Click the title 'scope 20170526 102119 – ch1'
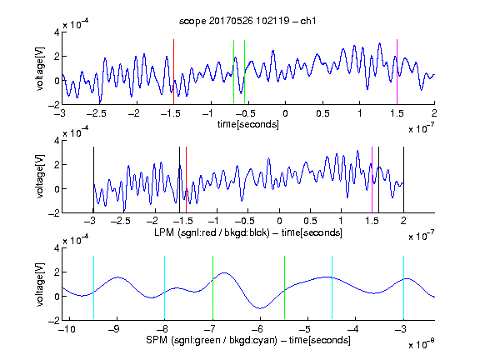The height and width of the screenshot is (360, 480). pyautogui.click(x=247, y=21)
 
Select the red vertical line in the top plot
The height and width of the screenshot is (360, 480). pyautogui.click(x=173, y=72)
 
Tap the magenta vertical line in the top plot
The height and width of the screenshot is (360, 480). pyautogui.click(x=397, y=72)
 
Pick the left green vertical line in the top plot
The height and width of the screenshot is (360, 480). pyautogui.click(x=233, y=72)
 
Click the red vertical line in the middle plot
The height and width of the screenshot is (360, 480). pyautogui.click(x=186, y=180)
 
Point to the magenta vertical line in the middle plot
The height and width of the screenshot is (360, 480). pyautogui.click(x=372, y=180)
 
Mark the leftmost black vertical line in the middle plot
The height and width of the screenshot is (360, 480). pyautogui.click(x=93, y=180)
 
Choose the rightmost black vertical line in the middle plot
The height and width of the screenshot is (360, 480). pyautogui.click(x=403, y=180)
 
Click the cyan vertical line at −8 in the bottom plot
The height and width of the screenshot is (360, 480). pyautogui.click(x=164, y=287)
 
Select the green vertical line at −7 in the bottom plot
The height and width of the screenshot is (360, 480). pyautogui.click(x=212, y=287)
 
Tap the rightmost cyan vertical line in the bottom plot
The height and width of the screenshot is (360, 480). pyautogui.click(x=403, y=287)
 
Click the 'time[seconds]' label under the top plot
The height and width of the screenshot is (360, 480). pyautogui.click(x=248, y=124)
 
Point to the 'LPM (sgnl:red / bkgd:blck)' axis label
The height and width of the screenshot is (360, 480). pyautogui.click(x=212, y=232)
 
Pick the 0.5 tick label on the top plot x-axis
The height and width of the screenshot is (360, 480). pyautogui.click(x=322, y=113)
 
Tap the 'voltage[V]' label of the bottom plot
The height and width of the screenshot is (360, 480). pyautogui.click(x=40, y=284)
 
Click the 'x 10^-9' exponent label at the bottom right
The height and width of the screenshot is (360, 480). pyautogui.click(x=422, y=344)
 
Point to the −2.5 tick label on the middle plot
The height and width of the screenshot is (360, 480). pyautogui.click(x=120, y=221)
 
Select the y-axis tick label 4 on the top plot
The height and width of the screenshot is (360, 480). pyautogui.click(x=57, y=32)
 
